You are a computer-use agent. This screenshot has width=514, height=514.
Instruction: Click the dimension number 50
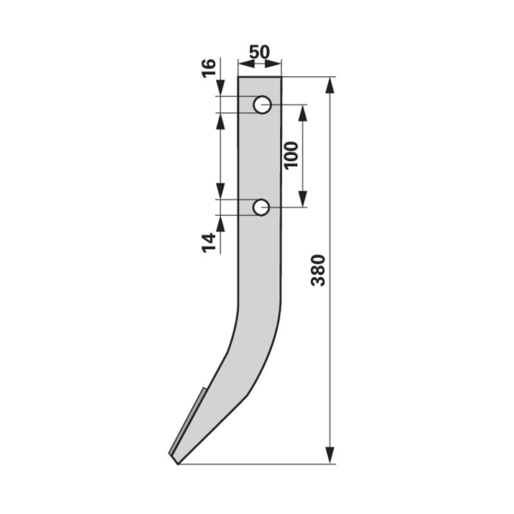coord(260,52)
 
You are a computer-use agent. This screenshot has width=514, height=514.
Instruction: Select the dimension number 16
coord(209,68)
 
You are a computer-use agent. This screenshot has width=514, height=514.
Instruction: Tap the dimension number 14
coord(209,242)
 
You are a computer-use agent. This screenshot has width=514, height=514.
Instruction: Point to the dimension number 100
coord(291,155)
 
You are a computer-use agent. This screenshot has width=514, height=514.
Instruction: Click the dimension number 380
coord(318,270)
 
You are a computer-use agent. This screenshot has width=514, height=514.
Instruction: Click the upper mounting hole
coord(262,105)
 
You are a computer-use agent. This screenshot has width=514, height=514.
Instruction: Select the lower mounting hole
coord(261,207)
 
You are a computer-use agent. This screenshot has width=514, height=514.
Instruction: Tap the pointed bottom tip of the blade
coord(177,463)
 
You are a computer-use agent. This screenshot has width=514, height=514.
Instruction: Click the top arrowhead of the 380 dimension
coord(330,86)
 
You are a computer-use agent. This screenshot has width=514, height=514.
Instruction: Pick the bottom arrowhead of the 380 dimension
coord(330,456)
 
